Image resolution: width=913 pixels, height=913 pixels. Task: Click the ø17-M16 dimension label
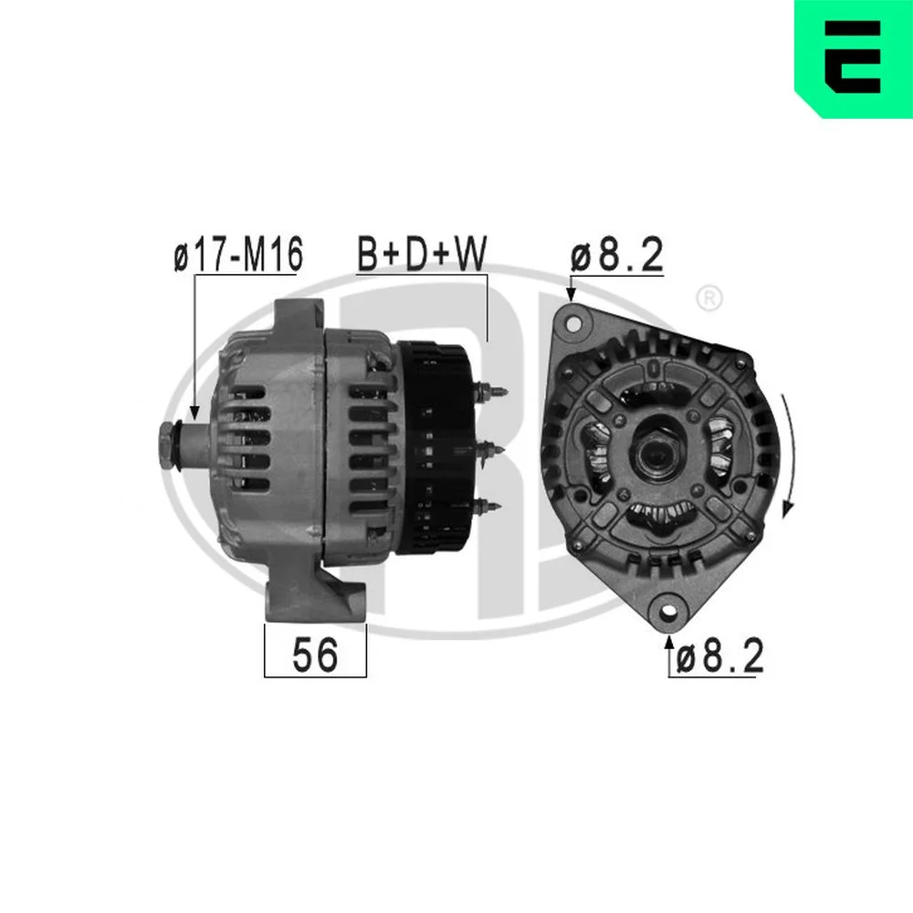(238, 254)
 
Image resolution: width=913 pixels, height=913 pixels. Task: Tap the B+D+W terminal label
(422, 254)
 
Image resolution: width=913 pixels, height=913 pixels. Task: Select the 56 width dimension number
(314, 654)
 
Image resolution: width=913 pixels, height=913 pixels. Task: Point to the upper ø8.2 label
(616, 255)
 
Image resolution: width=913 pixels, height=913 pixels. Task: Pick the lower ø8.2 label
(719, 656)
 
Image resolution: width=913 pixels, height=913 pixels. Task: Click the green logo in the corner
(854, 58)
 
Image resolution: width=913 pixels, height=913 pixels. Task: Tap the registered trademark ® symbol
(709, 299)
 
